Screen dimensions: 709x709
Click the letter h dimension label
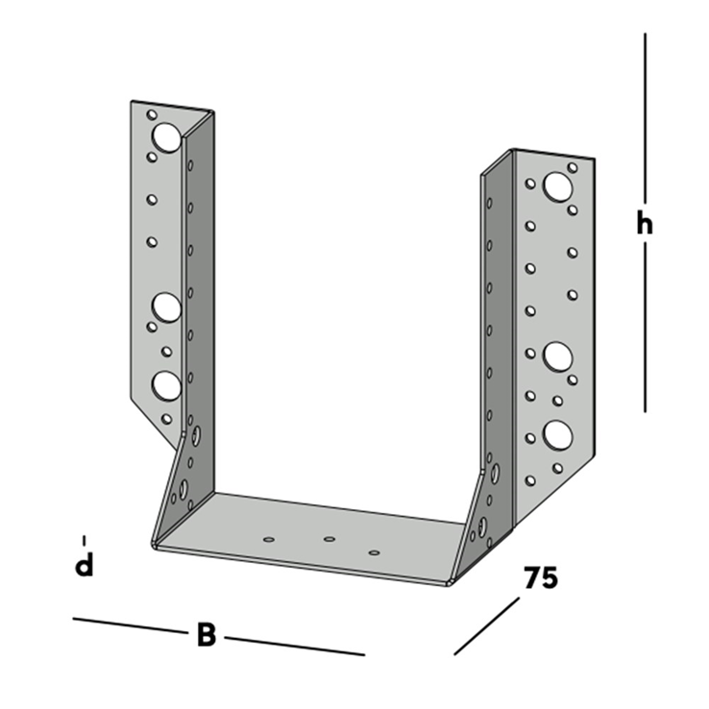click(645, 224)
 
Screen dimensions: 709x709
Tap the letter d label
click(85, 565)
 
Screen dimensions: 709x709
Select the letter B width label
click(207, 635)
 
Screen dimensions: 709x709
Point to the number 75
click(541, 577)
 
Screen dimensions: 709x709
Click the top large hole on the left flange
click(167, 137)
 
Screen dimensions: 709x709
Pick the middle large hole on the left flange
click(167, 307)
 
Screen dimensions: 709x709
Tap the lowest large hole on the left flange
click(167, 385)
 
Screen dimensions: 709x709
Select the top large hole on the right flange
click(558, 186)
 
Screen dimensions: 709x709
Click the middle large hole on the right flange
click(558, 355)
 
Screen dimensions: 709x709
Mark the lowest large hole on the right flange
click(558, 435)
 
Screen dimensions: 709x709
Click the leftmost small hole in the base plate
click(269, 540)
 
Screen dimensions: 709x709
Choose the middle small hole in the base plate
click(330, 539)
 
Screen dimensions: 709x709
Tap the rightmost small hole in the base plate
click(374, 552)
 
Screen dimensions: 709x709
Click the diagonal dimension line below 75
click(486, 626)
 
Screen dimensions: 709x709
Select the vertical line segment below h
click(645, 327)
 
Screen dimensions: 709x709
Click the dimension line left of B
click(131, 625)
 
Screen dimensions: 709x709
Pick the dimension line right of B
click(295, 647)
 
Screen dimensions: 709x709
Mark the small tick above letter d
click(85, 541)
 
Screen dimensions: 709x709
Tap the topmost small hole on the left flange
click(152, 115)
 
